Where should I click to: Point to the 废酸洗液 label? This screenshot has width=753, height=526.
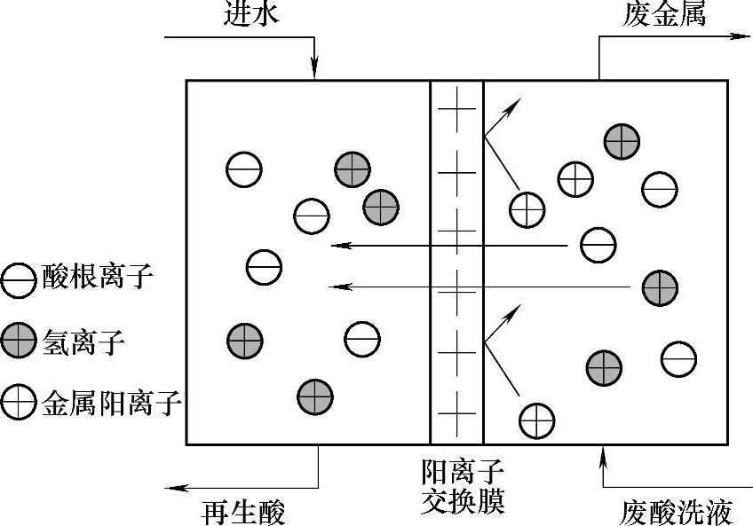677,511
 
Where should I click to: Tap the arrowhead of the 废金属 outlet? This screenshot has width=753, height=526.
739,36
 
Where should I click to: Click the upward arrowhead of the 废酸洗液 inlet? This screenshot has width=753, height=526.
604,452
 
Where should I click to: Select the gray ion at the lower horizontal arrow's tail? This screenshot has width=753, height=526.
659,287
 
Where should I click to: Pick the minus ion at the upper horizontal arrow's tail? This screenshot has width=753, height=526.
597,245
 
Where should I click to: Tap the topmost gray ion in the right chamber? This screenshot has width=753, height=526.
622,139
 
